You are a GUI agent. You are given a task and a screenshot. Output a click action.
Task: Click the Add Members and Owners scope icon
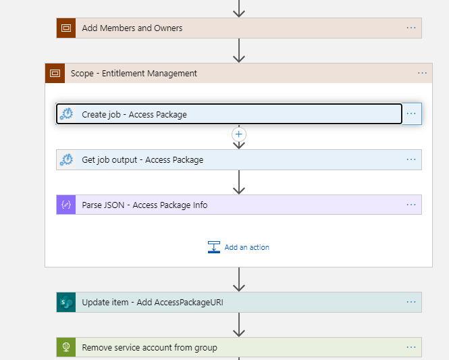click(x=66, y=28)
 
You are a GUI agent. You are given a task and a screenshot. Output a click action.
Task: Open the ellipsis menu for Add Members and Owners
click(x=411, y=28)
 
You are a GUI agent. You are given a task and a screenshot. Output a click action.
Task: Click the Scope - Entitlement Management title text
click(x=134, y=74)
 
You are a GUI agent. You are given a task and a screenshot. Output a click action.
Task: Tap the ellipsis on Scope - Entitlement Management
click(x=423, y=73)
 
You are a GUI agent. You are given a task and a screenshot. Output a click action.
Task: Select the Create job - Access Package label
click(x=134, y=115)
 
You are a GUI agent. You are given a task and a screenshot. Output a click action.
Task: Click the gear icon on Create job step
click(x=66, y=114)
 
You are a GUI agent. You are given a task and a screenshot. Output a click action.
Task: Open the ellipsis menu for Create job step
click(x=411, y=113)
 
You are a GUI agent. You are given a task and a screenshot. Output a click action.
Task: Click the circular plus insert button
click(x=239, y=134)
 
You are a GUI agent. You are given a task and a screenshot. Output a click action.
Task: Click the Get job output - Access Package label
click(x=142, y=160)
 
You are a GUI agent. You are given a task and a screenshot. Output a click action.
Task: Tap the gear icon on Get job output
click(x=66, y=159)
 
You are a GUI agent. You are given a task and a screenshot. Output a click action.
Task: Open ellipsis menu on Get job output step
click(x=411, y=159)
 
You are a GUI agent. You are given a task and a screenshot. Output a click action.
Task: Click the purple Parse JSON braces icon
click(x=66, y=205)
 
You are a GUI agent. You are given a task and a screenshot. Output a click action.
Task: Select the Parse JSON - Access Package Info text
click(x=144, y=205)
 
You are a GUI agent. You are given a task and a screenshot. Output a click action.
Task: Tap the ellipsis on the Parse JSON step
click(x=411, y=205)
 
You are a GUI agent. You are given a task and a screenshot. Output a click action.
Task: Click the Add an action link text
click(x=247, y=247)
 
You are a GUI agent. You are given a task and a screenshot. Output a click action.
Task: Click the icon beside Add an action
click(x=214, y=247)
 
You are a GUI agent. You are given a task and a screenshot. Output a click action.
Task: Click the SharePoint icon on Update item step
click(x=66, y=302)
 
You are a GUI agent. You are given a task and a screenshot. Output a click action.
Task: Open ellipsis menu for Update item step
click(x=411, y=302)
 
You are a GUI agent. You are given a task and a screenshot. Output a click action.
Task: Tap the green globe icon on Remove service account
click(x=66, y=347)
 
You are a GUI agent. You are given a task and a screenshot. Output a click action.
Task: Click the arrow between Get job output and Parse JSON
click(x=239, y=182)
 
